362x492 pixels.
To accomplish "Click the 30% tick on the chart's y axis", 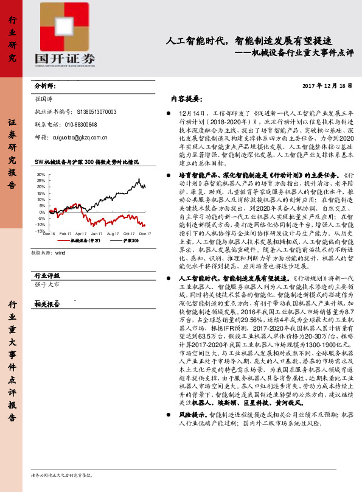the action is [41, 175].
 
